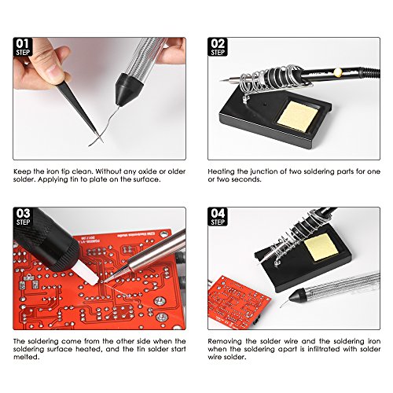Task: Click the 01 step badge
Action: [x=23, y=47]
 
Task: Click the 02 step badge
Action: [x=218, y=47]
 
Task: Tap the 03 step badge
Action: [x=23, y=217]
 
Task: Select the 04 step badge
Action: [x=218, y=217]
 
